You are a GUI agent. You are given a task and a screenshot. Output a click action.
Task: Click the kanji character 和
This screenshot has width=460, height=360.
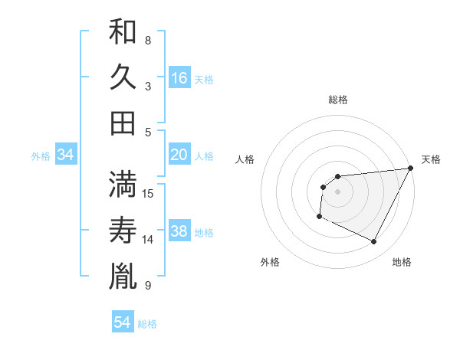point(123,33)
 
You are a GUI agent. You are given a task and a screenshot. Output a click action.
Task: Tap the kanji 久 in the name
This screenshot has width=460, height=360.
point(123,77)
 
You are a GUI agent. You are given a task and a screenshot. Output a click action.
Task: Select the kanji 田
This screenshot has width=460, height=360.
point(123,123)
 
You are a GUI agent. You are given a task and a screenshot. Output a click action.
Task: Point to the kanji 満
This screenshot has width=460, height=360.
point(123,184)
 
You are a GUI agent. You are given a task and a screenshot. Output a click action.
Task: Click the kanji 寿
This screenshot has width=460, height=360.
point(123,230)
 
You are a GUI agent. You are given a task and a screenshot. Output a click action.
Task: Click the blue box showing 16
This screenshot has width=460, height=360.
point(179,78)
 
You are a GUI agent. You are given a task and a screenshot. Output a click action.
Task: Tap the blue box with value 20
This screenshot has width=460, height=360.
point(179,155)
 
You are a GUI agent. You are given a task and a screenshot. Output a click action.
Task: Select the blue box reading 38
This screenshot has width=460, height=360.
point(179,231)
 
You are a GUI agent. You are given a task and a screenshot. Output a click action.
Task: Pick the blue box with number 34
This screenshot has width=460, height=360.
point(66,155)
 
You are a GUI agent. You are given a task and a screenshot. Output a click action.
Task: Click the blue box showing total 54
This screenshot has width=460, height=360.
point(123,322)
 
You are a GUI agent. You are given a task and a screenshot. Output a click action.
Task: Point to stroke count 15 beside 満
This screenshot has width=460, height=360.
point(149,192)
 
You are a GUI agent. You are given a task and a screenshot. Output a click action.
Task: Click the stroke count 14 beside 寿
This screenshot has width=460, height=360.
point(149,240)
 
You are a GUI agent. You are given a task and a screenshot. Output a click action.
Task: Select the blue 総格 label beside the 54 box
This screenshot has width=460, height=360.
point(147,324)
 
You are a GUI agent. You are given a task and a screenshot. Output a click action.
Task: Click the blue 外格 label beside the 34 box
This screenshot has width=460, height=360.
point(41,156)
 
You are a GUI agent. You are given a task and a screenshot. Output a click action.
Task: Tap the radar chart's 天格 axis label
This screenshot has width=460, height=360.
point(432,159)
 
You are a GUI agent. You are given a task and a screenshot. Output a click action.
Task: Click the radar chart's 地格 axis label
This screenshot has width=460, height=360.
point(402,262)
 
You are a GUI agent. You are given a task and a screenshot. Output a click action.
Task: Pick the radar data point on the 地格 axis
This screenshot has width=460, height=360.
point(374,242)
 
